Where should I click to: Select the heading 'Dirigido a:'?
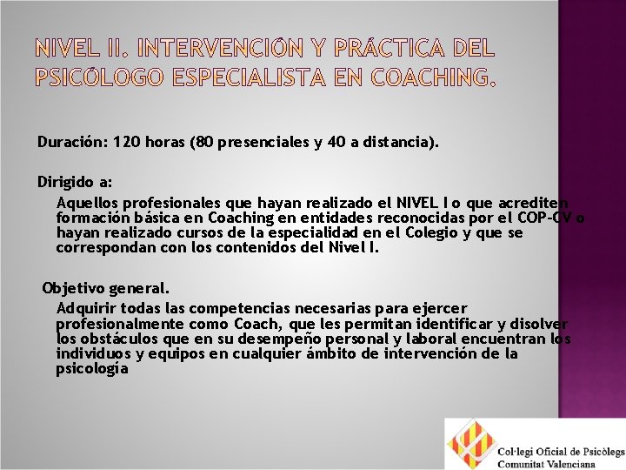pos(74,182)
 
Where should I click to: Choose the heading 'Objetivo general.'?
pos(106,287)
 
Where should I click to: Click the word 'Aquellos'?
pos(84,201)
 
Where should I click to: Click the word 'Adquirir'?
pos(85,308)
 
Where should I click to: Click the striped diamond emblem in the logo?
pos(471,444)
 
